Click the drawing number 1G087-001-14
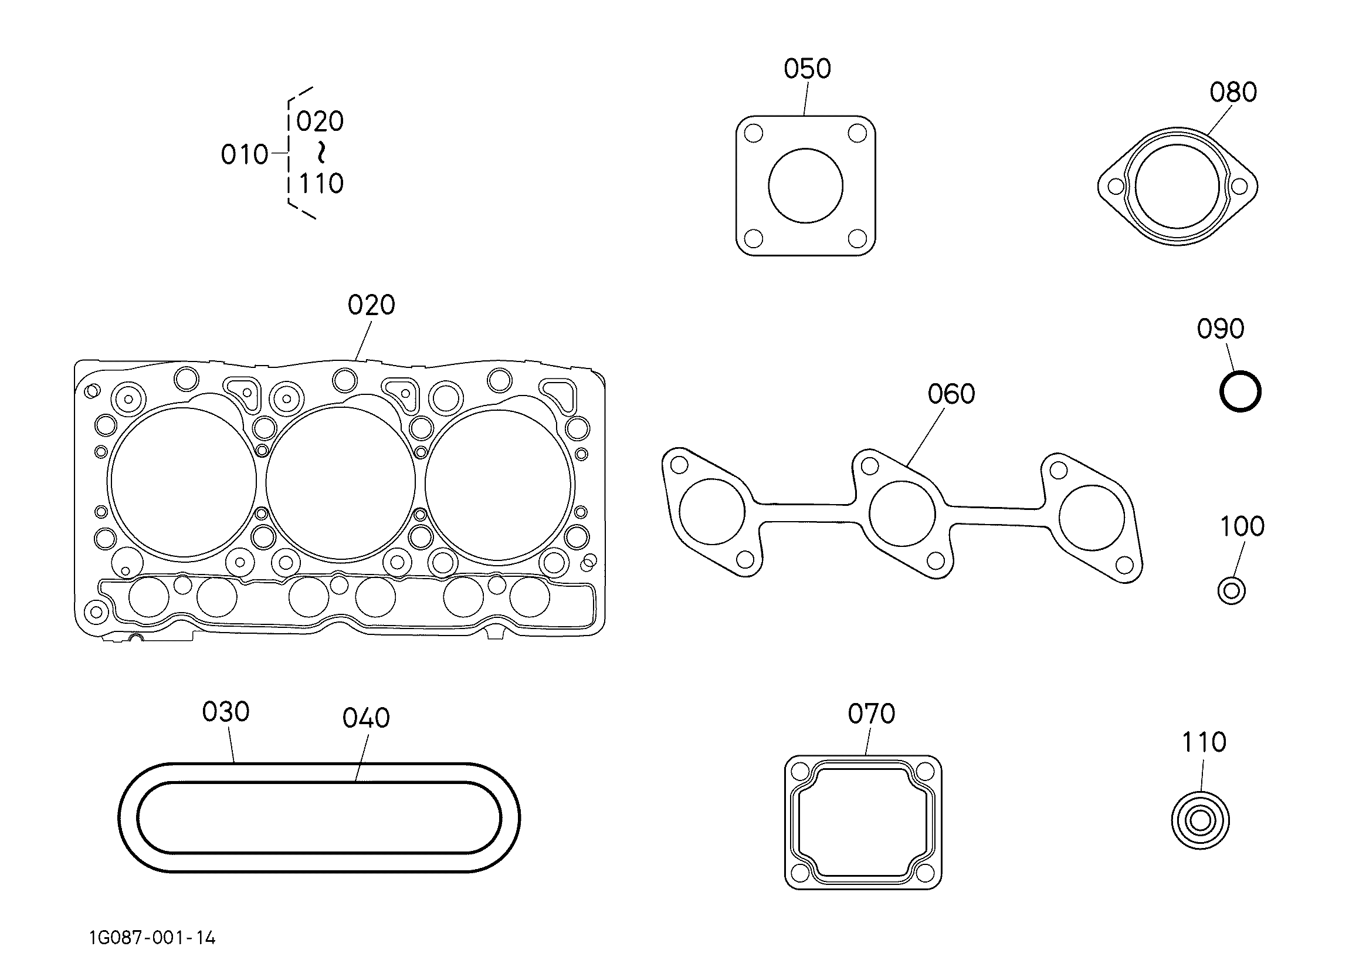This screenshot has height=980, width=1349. (152, 938)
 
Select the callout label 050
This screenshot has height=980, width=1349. (807, 69)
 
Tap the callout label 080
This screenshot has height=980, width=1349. (1233, 92)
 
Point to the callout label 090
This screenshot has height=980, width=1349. (1221, 329)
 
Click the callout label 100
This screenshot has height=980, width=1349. (1242, 526)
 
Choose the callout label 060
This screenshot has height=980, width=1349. (951, 394)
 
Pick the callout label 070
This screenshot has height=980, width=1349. (872, 714)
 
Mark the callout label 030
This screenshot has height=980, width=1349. (225, 712)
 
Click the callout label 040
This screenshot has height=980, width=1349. (366, 718)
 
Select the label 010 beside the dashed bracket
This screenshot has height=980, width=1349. (245, 155)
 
